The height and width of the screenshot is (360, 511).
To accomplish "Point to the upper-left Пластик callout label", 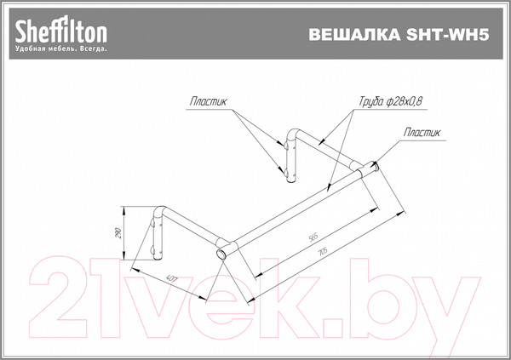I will pyautogui.click(x=210, y=101).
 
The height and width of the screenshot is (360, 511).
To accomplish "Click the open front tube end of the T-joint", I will pyautogui.click(x=221, y=254).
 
